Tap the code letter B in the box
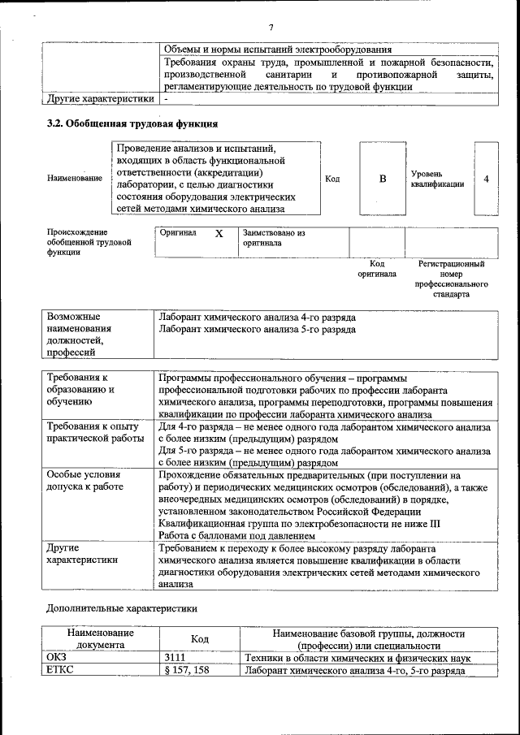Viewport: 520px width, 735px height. [382, 179]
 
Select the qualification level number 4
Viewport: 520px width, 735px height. [486, 179]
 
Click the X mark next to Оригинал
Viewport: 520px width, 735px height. [219, 233]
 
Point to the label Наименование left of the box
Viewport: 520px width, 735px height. [75, 178]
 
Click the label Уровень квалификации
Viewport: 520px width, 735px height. [437, 179]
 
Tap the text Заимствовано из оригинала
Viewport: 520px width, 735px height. [273, 237]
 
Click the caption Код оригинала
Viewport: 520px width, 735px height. [377, 269]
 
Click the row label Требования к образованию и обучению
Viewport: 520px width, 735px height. [81, 389]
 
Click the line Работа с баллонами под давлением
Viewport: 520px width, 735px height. [236, 536]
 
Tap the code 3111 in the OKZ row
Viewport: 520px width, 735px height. [174, 657]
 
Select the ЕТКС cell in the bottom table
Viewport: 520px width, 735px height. [57, 670]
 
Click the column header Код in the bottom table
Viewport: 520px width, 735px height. [200, 639]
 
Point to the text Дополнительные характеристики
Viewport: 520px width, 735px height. [122, 607]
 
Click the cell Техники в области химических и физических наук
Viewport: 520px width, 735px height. [358, 657]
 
